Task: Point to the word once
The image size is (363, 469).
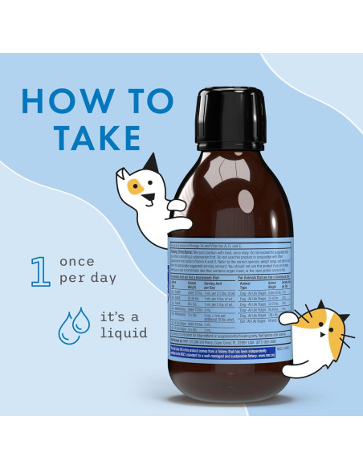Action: tap(77, 262)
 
